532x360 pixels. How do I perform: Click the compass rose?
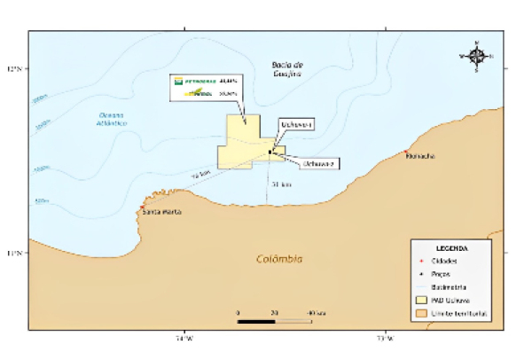pyautogui.click(x=476, y=56)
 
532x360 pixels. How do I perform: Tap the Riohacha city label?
pyautogui.click(x=419, y=157)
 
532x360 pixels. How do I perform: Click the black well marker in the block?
pyautogui.click(x=270, y=152)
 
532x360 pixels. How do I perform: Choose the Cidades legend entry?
pyautogui.click(x=445, y=262)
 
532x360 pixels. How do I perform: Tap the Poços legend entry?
pyautogui.click(x=442, y=274)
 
